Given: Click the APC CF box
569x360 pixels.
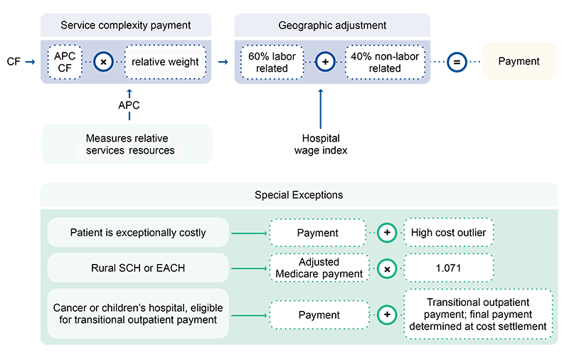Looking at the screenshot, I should (65, 62).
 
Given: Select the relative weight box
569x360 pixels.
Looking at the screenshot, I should (165, 62).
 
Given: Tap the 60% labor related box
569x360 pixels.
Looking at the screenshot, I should (272, 62).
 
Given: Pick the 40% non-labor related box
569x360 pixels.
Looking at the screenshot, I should (384, 62).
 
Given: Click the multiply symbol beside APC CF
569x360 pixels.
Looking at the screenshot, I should (103, 62).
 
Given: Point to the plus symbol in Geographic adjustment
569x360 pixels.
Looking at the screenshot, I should (325, 62).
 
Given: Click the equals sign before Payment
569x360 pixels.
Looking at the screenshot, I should (457, 62).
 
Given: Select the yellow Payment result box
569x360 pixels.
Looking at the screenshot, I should (519, 61).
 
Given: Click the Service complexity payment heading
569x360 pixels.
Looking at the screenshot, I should (126, 26).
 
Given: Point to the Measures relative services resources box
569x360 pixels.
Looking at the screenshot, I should (127, 144).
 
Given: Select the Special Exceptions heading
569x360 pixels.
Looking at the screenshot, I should (299, 195).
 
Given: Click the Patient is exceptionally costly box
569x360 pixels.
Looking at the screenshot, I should (138, 233).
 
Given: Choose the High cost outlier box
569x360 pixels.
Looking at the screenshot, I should (448, 233).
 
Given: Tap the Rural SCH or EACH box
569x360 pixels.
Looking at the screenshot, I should (138, 268).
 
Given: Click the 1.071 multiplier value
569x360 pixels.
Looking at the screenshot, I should (448, 268).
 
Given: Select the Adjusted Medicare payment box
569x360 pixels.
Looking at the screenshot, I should (319, 268).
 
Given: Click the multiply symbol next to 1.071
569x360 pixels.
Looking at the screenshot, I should (387, 268).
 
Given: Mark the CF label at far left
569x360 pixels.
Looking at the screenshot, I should (14, 62).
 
